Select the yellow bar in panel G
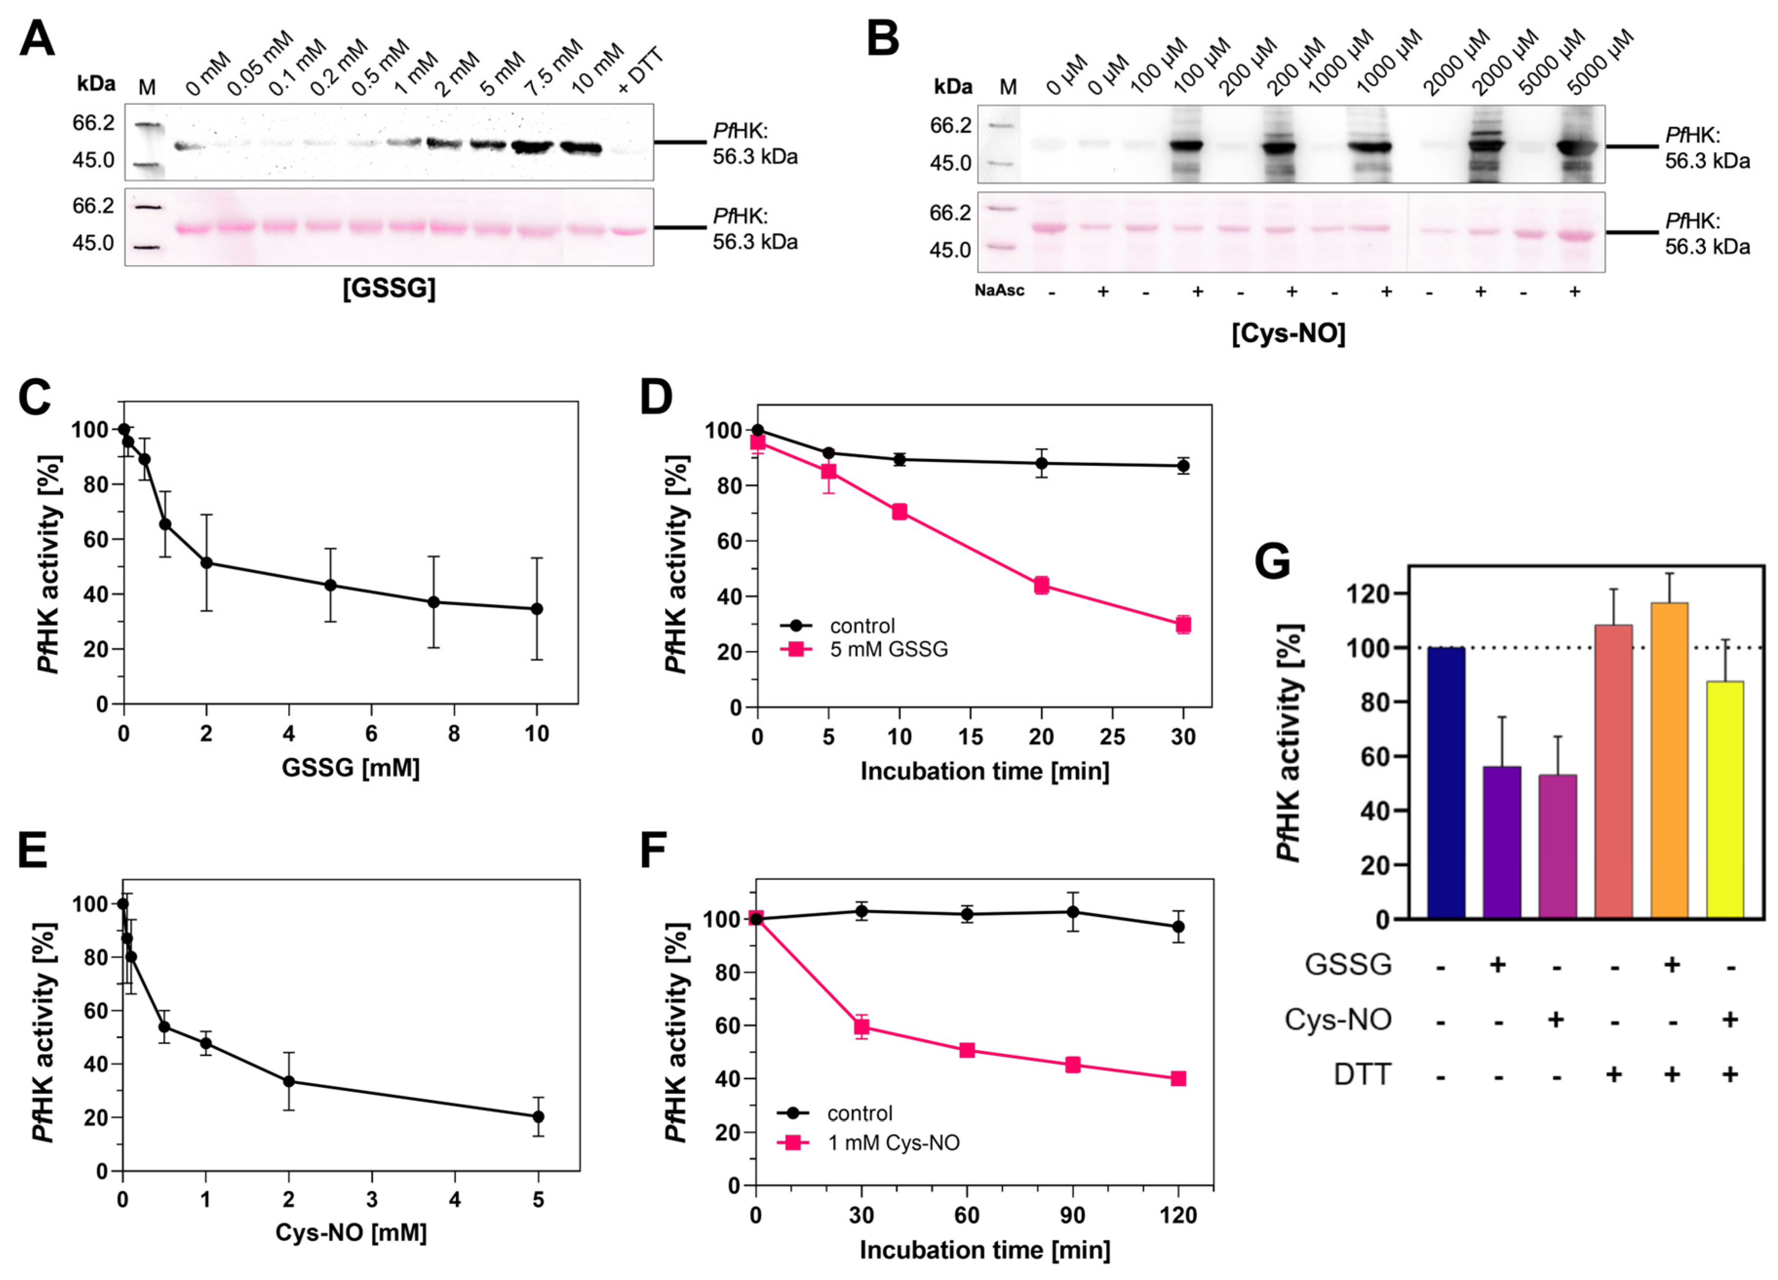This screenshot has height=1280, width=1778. click(x=1725, y=799)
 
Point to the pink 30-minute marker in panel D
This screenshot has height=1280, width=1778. click(x=1183, y=625)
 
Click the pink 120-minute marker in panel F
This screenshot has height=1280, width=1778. click(x=1178, y=1079)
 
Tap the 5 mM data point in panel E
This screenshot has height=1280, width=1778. click(x=538, y=1116)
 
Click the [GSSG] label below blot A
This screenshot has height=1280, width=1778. click(x=389, y=289)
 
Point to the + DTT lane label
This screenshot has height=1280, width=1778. click(x=639, y=71)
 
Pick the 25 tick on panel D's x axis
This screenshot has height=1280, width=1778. click(x=1112, y=737)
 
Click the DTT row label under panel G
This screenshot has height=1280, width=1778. click(x=1363, y=1074)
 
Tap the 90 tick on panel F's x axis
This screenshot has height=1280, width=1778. click(x=1072, y=1215)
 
